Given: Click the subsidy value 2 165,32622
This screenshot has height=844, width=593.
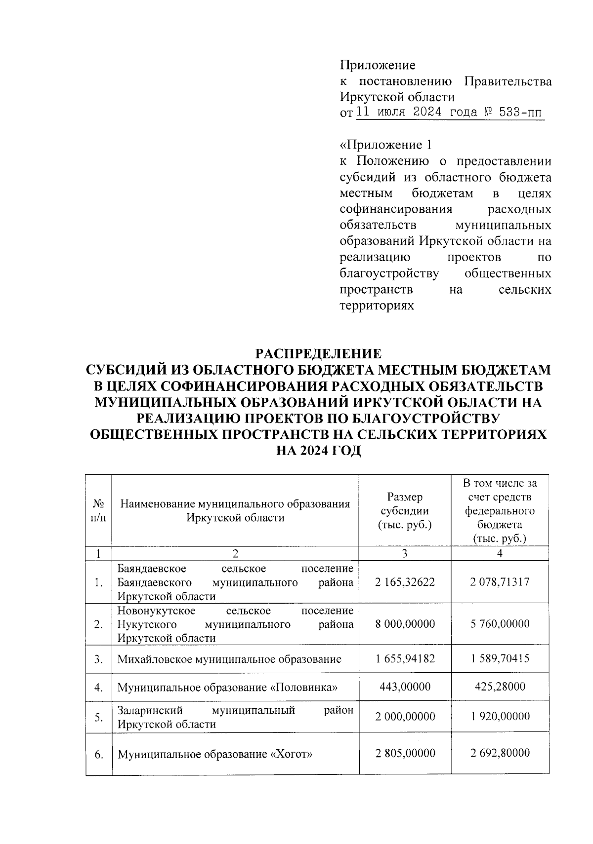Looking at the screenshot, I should [x=405, y=582].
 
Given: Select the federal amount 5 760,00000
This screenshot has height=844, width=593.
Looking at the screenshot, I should [x=500, y=624].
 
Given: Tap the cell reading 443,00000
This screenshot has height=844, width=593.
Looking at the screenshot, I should [x=405, y=687].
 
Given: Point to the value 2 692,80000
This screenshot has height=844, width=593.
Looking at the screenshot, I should [x=500, y=753].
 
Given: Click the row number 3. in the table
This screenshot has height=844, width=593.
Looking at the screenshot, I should [x=99, y=659].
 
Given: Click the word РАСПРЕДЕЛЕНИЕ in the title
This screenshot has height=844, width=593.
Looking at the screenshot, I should [x=318, y=354].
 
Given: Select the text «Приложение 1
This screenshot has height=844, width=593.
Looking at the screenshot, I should [x=386, y=145].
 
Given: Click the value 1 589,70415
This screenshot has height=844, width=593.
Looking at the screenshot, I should [x=500, y=658].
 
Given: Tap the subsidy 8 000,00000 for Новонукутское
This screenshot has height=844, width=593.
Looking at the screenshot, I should [x=405, y=624].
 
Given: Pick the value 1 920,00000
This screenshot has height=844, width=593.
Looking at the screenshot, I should [x=500, y=716].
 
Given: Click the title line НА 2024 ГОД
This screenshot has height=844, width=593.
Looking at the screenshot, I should [x=318, y=451].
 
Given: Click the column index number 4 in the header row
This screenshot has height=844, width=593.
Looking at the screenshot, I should [x=500, y=554].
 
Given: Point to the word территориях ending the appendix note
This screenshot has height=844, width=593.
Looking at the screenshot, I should [x=377, y=306].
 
